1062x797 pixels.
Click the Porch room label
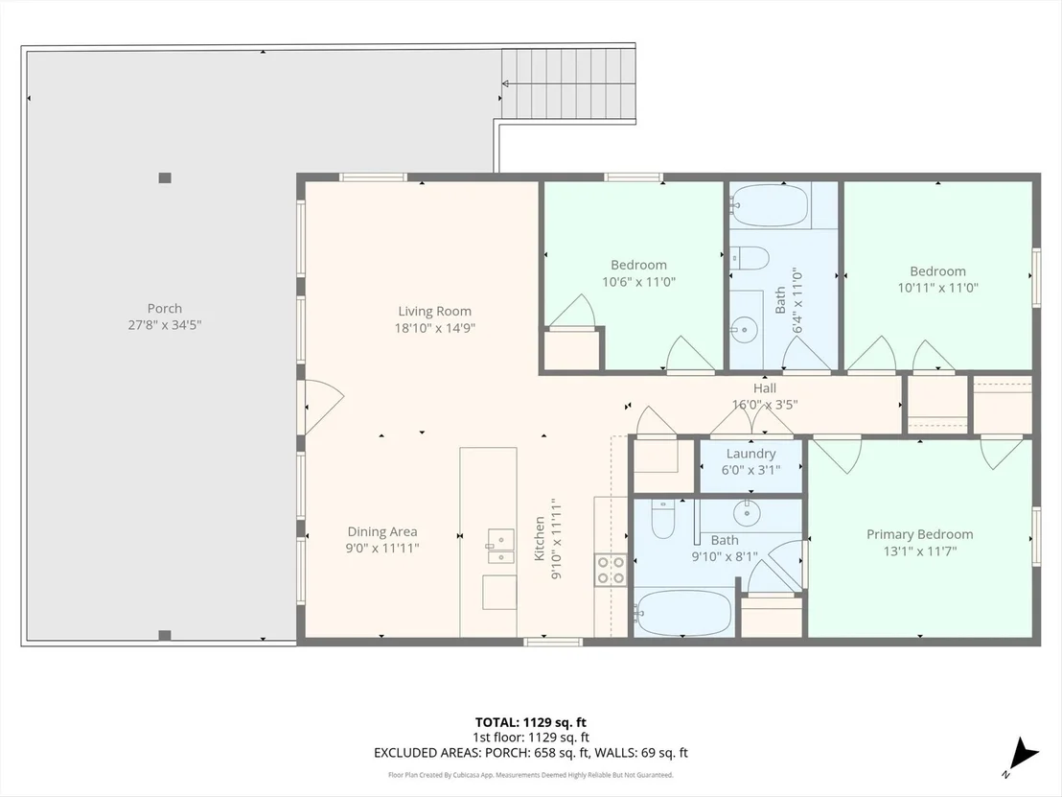tap(165, 309)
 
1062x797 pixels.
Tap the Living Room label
tap(435, 311)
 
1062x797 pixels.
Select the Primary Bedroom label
tap(920, 534)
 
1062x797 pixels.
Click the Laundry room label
tap(750, 454)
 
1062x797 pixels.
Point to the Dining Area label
tap(382, 532)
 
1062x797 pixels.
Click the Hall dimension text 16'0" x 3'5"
tap(765, 405)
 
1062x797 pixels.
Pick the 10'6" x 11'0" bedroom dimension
tap(638, 281)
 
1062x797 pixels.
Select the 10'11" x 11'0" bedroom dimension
tap(938, 288)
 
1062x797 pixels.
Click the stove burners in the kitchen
tap(611, 570)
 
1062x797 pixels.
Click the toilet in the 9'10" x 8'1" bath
tap(663, 519)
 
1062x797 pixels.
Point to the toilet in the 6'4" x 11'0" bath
tap(750, 258)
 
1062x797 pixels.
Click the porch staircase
tap(568, 84)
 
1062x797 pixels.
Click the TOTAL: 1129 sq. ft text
tap(530, 722)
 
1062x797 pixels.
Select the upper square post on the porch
tap(165, 178)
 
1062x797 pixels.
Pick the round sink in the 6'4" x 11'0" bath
tap(745, 331)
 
